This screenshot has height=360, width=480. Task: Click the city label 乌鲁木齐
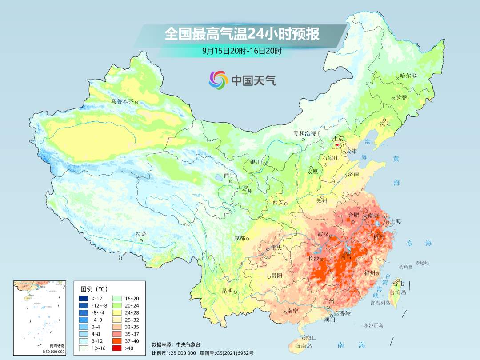click(x=122, y=102)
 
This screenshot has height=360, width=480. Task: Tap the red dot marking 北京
click(x=337, y=145)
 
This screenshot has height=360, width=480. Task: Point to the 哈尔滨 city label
click(x=408, y=76)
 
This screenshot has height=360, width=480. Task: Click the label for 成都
click(x=239, y=238)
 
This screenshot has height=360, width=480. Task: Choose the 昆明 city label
click(x=227, y=291)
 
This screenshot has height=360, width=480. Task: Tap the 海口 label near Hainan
click(x=312, y=338)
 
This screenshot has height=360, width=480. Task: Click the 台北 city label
click(x=398, y=283)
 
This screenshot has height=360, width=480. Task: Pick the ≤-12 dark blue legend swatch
click(x=84, y=298)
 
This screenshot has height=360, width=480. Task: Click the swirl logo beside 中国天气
click(x=218, y=80)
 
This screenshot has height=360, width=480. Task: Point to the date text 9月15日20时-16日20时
click(x=242, y=51)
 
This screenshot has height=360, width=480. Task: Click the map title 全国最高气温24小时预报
click(x=242, y=34)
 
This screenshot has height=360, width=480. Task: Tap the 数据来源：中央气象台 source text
click(x=176, y=344)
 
